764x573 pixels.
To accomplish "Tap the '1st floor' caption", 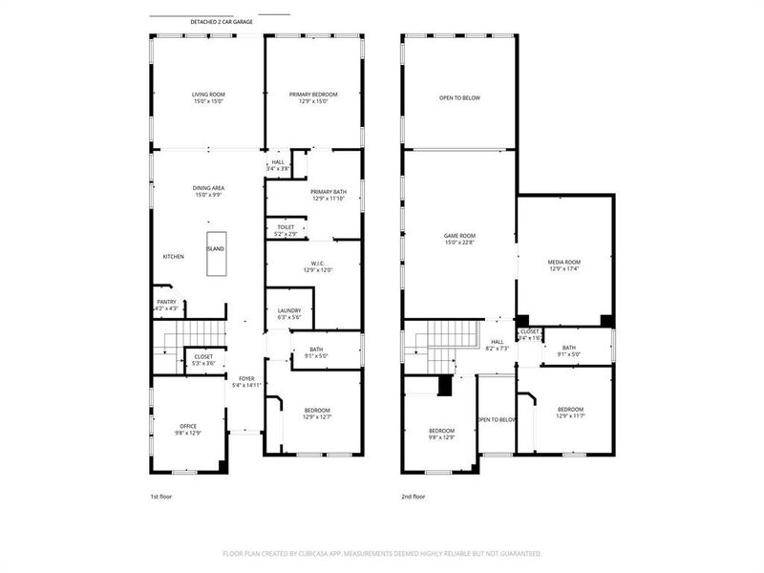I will pyautogui.click(x=161, y=497).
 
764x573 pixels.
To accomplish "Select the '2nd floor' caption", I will pyautogui.click(x=414, y=497).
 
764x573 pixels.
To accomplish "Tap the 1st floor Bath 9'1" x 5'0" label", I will pyautogui.click(x=316, y=352).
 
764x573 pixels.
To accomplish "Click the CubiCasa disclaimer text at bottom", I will pyautogui.click(x=382, y=553).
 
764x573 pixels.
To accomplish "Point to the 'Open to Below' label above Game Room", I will pyautogui.click(x=459, y=97).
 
